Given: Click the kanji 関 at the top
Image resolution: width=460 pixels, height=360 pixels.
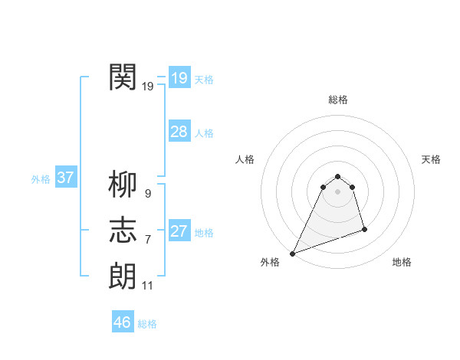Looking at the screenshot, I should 123,77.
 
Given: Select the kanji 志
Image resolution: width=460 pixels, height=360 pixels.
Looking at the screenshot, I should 123,230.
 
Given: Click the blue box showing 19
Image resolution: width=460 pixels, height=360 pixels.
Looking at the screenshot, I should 179,77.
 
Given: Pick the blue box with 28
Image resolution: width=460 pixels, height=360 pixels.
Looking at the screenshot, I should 179,132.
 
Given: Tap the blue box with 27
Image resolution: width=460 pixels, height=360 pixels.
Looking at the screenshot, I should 179,231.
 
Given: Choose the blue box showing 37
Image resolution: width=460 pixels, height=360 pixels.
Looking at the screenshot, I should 65,178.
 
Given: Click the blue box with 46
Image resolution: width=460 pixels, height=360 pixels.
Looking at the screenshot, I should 122,322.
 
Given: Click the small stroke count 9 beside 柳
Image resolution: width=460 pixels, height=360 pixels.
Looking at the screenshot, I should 147,194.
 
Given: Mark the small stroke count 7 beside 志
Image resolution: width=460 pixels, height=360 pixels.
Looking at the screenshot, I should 147,240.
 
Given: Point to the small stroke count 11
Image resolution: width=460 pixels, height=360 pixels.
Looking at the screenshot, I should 147,286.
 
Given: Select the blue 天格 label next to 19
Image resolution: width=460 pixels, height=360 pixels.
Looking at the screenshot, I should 204,80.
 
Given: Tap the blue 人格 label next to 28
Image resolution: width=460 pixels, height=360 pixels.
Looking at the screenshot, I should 204,133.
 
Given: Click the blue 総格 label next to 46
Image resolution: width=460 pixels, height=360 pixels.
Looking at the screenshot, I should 147,324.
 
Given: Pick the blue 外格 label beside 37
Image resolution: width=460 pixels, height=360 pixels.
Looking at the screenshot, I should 41,180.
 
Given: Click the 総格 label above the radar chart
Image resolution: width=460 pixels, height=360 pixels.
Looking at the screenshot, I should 337,100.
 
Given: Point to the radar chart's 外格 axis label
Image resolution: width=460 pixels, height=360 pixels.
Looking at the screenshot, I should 270,263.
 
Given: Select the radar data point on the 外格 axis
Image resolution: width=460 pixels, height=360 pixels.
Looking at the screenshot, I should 292,254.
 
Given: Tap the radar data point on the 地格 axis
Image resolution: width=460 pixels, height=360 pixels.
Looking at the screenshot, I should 364,229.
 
